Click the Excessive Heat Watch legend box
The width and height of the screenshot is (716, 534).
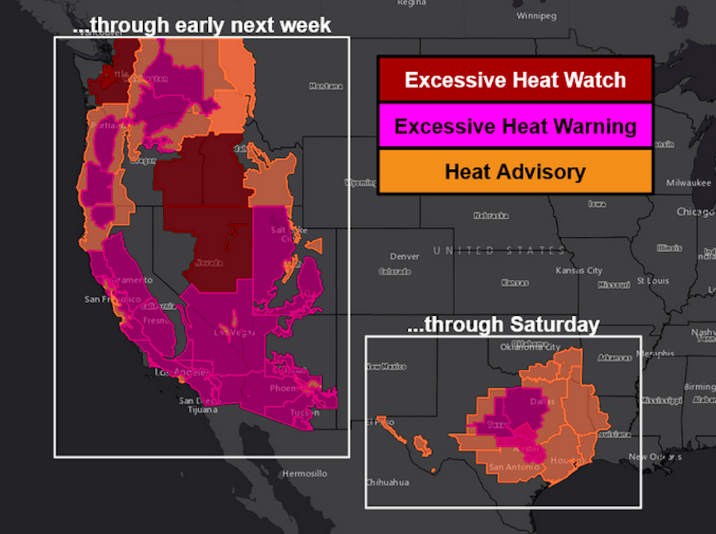(x=515, y=79)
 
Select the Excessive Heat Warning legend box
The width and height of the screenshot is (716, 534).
(x=515, y=125)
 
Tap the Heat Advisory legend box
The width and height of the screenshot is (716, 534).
(x=515, y=171)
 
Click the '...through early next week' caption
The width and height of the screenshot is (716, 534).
(x=202, y=25)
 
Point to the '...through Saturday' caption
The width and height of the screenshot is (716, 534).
(x=503, y=325)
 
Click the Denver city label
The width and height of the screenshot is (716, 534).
(x=405, y=256)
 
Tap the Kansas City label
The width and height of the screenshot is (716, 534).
(x=579, y=271)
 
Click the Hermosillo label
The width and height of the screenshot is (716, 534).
(x=306, y=474)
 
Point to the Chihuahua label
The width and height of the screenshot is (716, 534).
(x=387, y=483)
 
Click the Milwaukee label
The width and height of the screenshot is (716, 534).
(x=689, y=183)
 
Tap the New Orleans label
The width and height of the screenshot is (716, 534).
(x=655, y=457)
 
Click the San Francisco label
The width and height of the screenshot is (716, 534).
(x=112, y=299)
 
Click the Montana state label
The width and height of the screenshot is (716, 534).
(x=326, y=86)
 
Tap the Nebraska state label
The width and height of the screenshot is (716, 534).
(x=491, y=216)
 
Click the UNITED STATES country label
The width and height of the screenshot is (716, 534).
(x=499, y=251)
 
